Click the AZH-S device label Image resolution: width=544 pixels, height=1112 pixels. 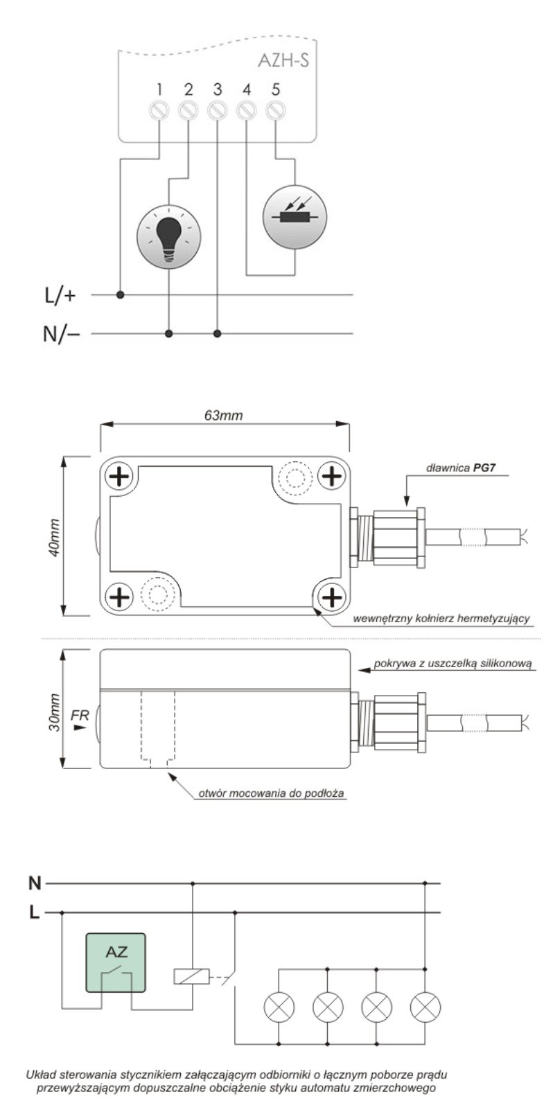(283, 61)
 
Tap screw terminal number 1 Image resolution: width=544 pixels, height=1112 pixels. (159, 110)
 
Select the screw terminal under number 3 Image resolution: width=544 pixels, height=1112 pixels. (218, 110)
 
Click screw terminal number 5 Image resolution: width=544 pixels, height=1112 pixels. (276, 110)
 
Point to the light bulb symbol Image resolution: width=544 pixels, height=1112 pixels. (168, 236)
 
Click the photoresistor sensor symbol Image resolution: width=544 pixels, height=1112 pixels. (295, 216)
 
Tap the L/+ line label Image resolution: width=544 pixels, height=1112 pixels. (60, 296)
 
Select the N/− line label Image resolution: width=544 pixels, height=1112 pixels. (61, 334)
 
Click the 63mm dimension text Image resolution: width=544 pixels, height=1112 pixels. (223, 416)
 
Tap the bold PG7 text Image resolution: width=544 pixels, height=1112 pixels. (485, 468)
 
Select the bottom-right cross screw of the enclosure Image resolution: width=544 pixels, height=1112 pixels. (333, 596)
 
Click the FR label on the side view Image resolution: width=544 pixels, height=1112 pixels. (80, 715)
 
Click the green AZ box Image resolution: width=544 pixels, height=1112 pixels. (116, 962)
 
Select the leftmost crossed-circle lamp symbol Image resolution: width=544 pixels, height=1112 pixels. (279, 1007)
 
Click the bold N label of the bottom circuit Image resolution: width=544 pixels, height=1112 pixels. (35, 883)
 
